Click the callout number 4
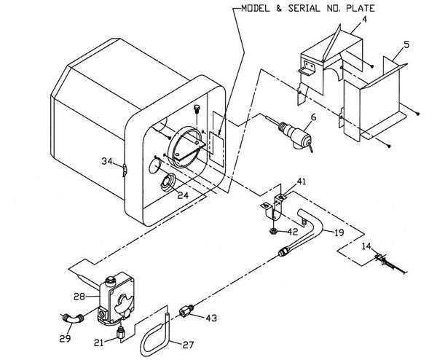(x=364, y=20)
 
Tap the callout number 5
(x=406, y=44)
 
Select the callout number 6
(x=313, y=117)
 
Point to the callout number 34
(x=107, y=161)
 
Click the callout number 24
(x=183, y=195)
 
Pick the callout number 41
(x=301, y=181)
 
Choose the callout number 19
(x=339, y=232)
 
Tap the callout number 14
(x=366, y=246)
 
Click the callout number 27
(x=188, y=345)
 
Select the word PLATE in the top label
(x=361, y=8)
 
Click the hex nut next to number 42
(x=274, y=231)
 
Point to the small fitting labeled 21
(x=121, y=332)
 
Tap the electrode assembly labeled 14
(x=390, y=264)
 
